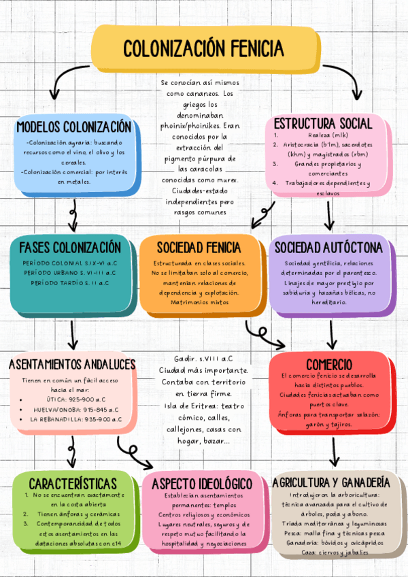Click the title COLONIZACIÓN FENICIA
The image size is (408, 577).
tap(203, 48)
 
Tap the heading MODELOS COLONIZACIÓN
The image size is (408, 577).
tap(73, 127)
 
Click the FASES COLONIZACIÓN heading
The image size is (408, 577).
tap(71, 246)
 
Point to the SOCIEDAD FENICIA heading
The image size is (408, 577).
tap(199, 246)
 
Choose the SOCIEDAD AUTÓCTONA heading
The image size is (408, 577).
tap(328, 246)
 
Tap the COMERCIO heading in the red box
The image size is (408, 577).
tap(329, 363)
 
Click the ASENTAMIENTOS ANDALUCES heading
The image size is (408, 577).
tap(72, 365)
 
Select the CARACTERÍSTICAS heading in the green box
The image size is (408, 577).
tap(73, 482)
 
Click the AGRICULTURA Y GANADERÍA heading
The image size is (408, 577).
tap(330, 482)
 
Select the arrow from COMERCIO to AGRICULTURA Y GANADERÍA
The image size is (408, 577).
tap(335, 452)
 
